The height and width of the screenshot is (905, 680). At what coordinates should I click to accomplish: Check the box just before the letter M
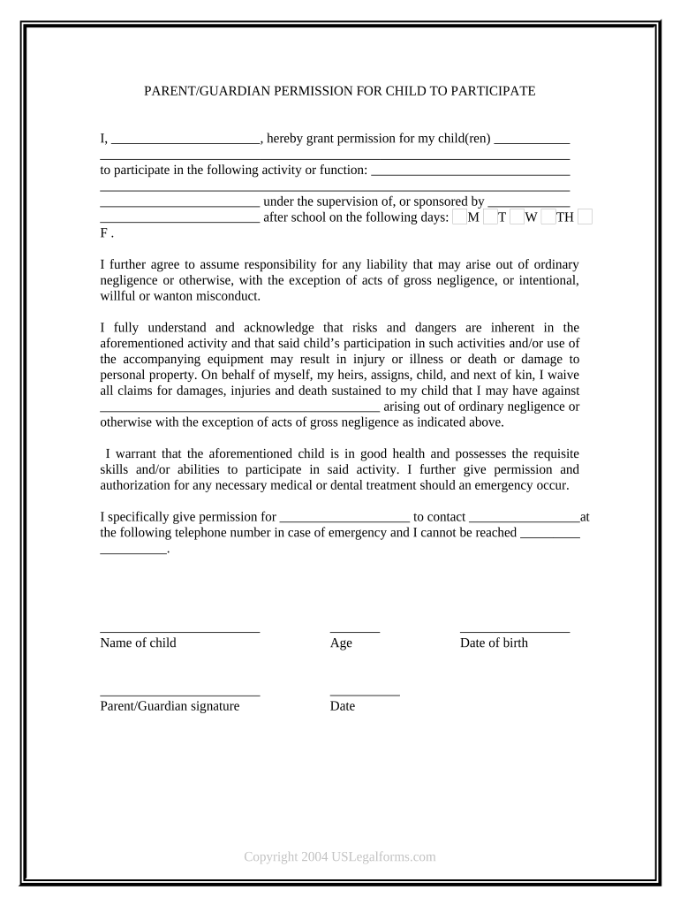[x=459, y=217]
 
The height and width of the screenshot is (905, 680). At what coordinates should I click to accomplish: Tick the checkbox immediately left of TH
[x=548, y=217]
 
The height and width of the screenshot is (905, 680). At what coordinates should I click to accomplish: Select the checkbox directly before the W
[x=517, y=217]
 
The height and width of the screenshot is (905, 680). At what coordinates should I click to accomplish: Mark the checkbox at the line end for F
[x=585, y=217]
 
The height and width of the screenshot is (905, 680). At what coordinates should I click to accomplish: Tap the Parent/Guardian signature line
[x=180, y=695]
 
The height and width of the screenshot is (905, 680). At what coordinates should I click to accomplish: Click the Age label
[x=341, y=643]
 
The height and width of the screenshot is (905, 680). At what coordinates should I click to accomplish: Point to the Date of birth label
[x=494, y=643]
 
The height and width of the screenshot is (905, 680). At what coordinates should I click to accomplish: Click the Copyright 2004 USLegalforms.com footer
[x=340, y=856]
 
